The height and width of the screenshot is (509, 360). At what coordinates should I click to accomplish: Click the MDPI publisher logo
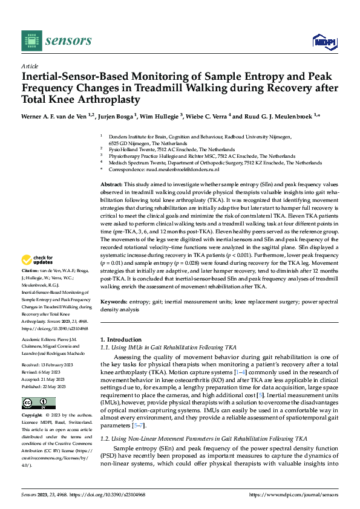323,41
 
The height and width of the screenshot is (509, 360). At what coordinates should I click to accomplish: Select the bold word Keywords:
113,301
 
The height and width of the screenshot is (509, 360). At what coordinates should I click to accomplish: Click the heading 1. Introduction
121,340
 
